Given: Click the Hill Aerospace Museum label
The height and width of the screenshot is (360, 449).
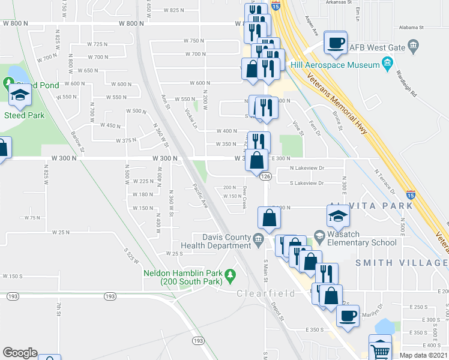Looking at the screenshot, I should [x=341, y=65].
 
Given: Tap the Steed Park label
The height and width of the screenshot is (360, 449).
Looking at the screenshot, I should [x=20, y=115].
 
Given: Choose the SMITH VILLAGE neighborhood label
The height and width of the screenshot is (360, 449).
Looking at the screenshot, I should [x=402, y=263].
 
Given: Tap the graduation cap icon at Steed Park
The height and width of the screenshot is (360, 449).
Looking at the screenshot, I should [x=20, y=94].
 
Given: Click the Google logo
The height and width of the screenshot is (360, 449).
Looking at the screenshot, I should [x=20, y=353].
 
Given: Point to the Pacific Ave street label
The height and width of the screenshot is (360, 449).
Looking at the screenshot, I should [x=200, y=196].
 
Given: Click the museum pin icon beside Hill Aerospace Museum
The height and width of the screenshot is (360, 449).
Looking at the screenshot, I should [x=387, y=62].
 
